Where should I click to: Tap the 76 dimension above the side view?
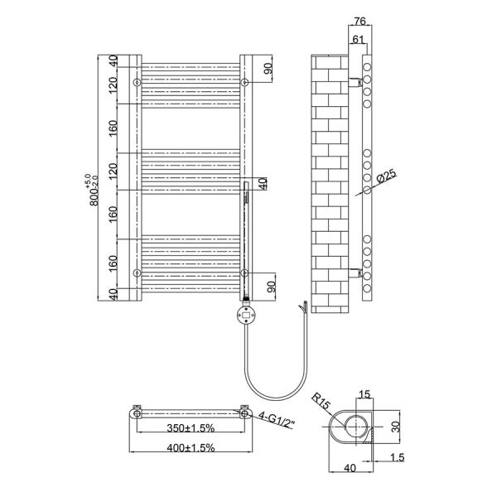coord(360,22)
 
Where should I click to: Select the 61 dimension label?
coord(358,40)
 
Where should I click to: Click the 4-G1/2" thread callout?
coord(277,419)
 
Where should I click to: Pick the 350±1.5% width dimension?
coord(191,428)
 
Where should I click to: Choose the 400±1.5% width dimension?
coord(191,448)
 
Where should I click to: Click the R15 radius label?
coord(321,401)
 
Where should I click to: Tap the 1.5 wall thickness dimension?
coord(397,457)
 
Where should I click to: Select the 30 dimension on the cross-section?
coord(396,427)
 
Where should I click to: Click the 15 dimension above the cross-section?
coord(364,394)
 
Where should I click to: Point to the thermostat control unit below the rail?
coord(246,315)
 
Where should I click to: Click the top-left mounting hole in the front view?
coord(137,82)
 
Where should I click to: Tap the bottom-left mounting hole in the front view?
coord(137,273)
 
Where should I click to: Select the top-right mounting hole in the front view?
coord(244,82)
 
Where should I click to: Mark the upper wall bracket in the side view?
coord(355,82)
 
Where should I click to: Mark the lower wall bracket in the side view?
coord(355,273)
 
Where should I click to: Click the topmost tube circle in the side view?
coord(367,67)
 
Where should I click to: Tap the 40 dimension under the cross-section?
coord(350,468)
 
